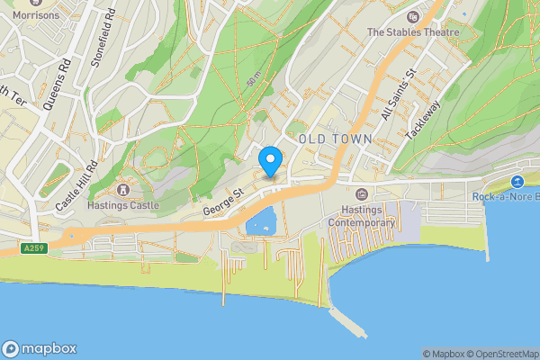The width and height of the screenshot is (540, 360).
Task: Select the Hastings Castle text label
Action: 124,205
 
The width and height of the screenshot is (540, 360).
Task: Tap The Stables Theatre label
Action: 413,32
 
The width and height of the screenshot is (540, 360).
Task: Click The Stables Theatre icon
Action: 413,16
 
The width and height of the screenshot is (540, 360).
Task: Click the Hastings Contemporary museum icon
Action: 362,194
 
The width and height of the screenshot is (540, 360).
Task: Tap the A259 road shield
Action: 33,247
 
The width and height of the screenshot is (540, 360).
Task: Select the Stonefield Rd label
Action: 103,38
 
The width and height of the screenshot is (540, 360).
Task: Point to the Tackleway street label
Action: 425,117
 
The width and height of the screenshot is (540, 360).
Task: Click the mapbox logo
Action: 40,348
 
